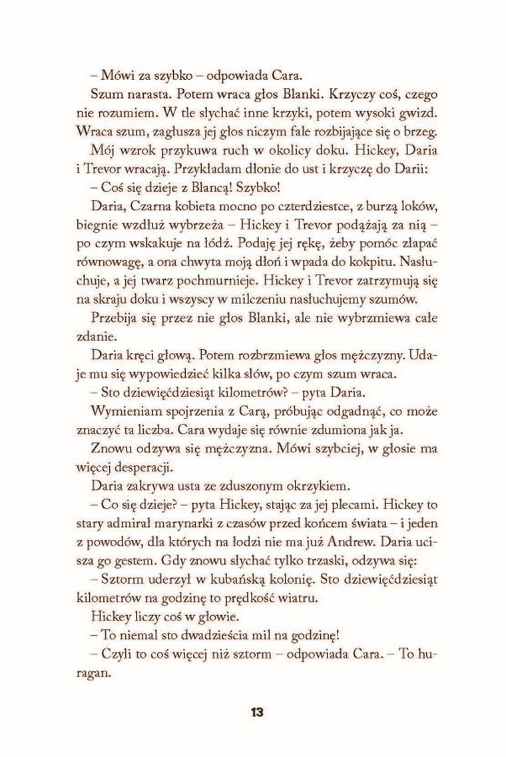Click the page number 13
[x=256, y=712]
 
